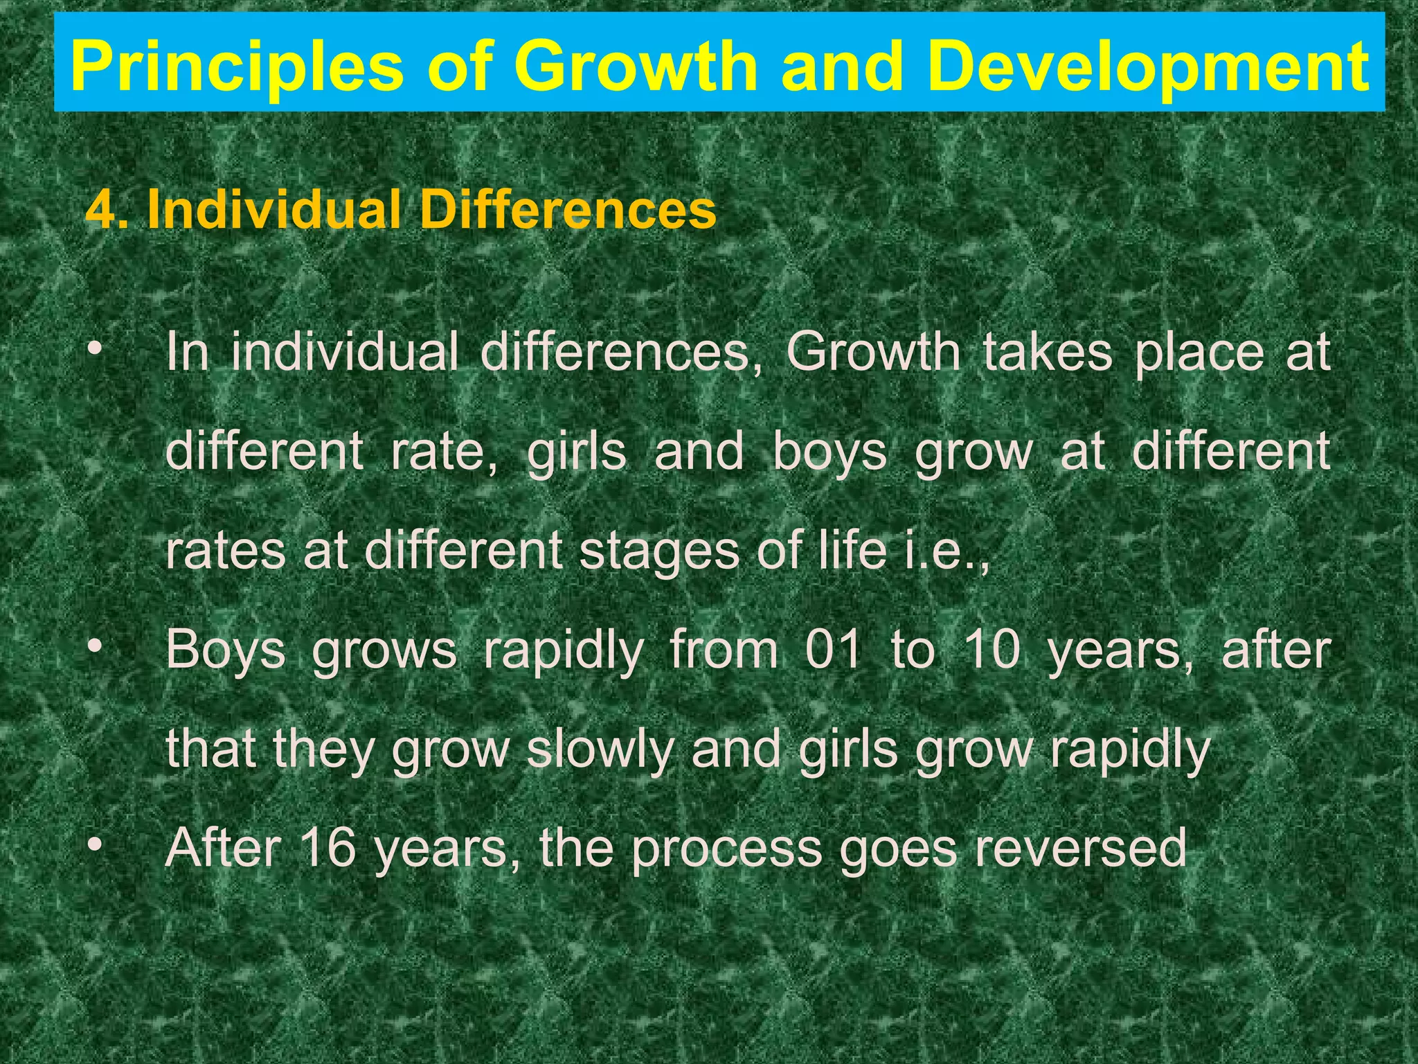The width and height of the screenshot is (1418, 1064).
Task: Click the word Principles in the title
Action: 236,67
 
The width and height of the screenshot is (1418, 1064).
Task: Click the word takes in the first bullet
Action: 1047,353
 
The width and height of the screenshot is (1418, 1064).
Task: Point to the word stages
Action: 659,552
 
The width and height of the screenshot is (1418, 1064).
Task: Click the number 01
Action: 834,650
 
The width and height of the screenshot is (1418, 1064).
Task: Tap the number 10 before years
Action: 992,650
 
